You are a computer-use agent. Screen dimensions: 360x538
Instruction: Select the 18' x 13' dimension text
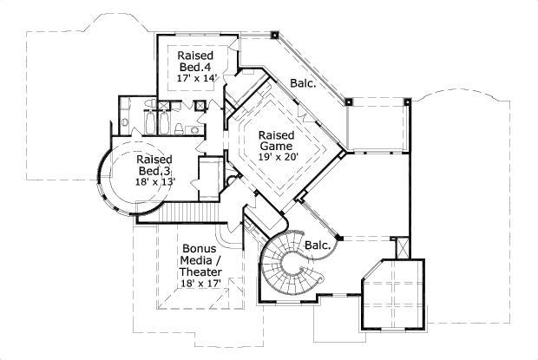click(x=154, y=181)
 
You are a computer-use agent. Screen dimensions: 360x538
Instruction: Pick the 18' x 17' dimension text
click(x=199, y=282)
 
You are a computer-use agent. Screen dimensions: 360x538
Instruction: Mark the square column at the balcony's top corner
click(x=274, y=37)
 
